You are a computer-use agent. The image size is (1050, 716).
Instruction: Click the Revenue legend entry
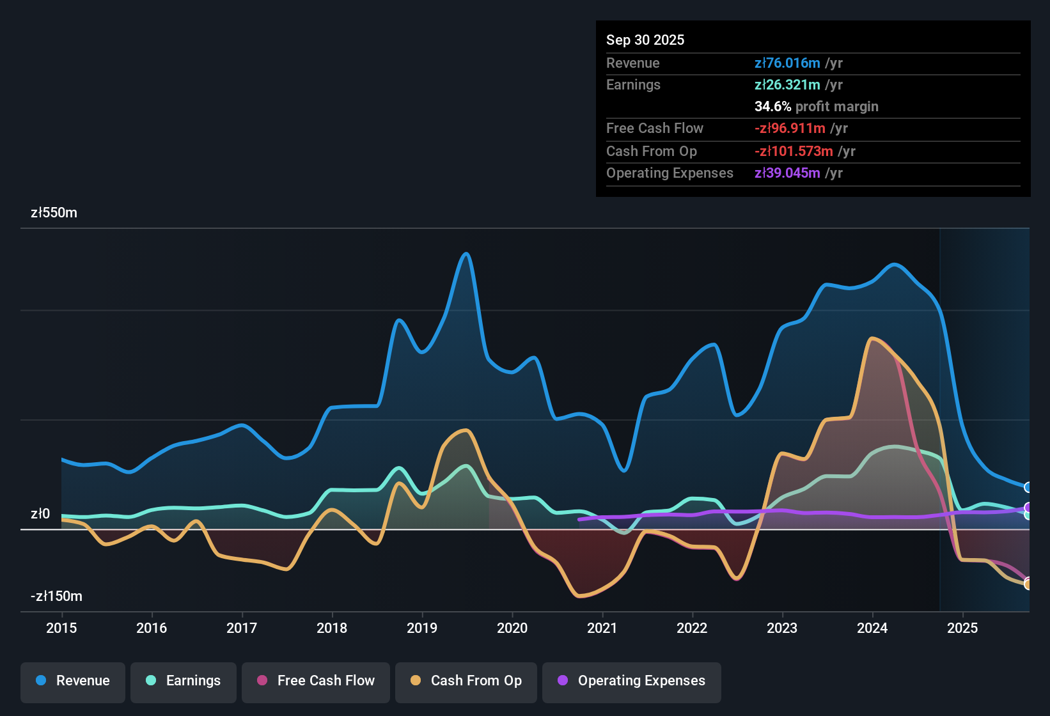click(73, 680)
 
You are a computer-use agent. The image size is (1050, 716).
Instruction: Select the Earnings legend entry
click(184, 680)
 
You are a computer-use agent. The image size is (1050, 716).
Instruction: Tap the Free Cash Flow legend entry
click(316, 680)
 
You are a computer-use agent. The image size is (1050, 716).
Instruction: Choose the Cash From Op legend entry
click(466, 680)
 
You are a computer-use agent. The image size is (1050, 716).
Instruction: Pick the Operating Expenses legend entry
click(632, 680)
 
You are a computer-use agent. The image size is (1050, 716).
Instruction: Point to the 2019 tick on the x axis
click(422, 628)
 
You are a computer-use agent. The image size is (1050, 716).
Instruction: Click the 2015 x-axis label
click(61, 628)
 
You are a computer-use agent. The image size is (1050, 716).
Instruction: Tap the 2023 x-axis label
click(782, 628)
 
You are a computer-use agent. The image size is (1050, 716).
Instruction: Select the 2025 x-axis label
click(962, 628)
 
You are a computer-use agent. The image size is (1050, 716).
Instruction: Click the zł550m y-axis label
click(54, 213)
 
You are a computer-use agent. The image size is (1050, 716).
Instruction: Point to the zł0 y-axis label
click(40, 513)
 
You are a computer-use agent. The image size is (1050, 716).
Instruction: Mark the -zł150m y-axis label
click(56, 596)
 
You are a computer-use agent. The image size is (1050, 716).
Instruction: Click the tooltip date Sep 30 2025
click(645, 40)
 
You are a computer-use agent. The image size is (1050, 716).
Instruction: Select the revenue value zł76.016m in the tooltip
click(787, 63)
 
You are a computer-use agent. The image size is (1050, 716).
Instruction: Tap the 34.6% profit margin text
click(816, 106)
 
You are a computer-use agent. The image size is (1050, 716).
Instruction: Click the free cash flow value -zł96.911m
click(790, 128)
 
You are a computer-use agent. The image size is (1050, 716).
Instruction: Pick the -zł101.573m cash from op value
click(794, 151)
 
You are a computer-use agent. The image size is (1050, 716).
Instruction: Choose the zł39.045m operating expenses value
click(787, 173)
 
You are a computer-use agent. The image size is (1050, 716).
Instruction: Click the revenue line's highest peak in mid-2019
click(466, 254)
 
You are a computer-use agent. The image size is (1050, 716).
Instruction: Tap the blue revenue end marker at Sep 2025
click(1028, 487)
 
